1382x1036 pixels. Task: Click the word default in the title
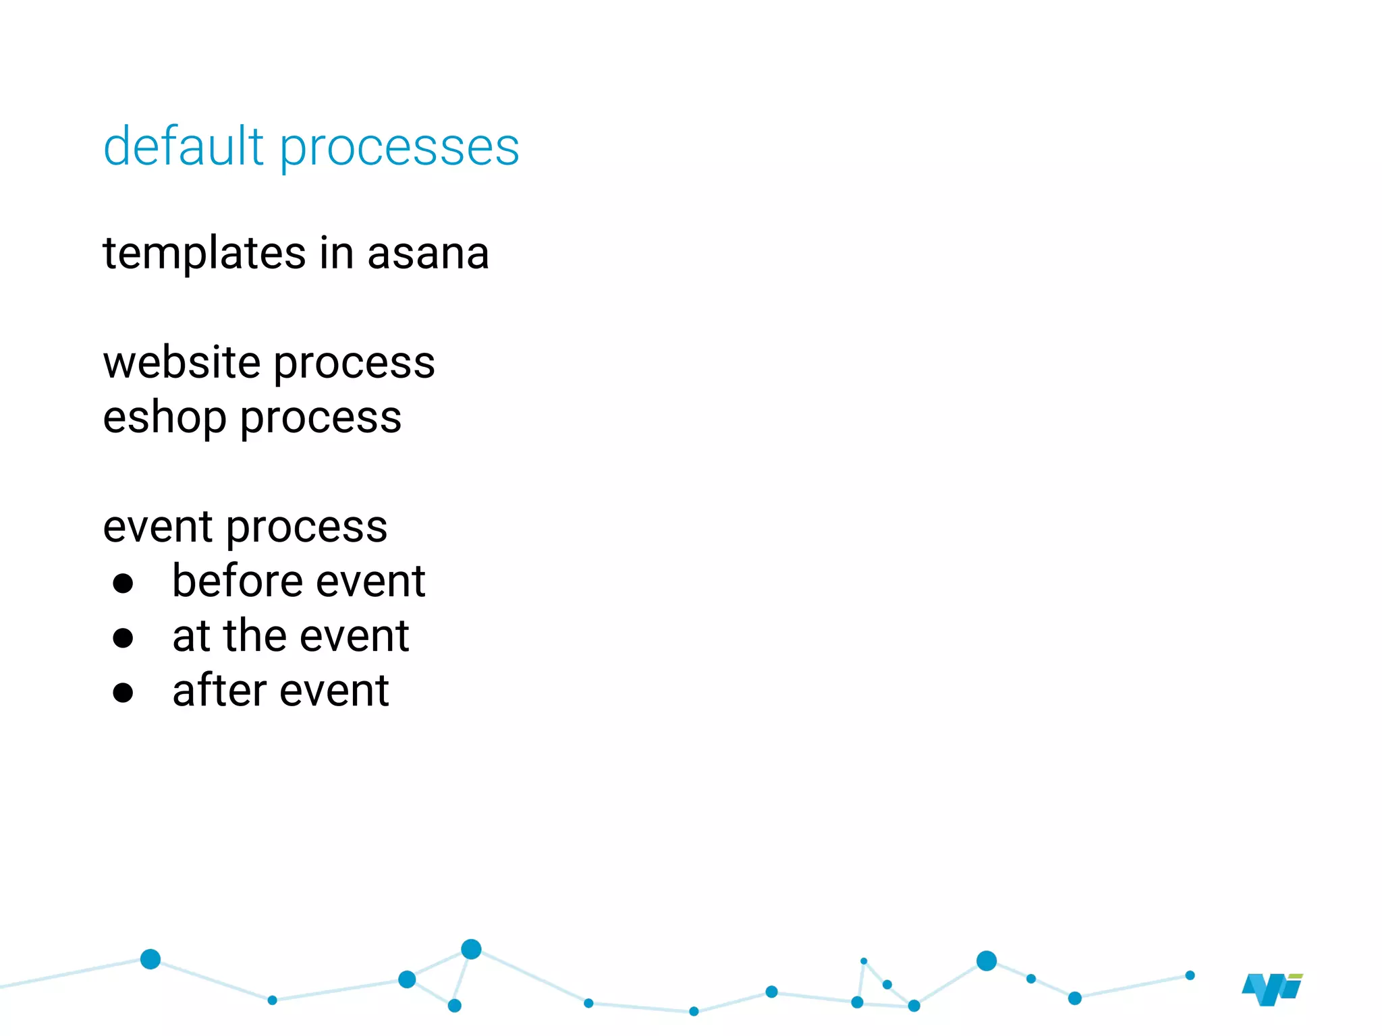click(183, 146)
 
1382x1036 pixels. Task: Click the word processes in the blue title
click(399, 149)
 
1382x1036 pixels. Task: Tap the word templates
click(204, 254)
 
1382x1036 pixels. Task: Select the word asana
click(428, 254)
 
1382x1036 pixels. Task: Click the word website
click(182, 363)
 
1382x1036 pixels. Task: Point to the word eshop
click(164, 418)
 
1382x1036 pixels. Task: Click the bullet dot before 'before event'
click(123, 583)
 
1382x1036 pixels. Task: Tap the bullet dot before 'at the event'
click(123, 638)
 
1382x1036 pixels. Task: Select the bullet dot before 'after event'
click(123, 693)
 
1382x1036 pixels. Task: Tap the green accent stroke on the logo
click(1295, 976)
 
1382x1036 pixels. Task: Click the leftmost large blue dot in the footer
click(150, 958)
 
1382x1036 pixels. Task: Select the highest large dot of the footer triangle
click(471, 949)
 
